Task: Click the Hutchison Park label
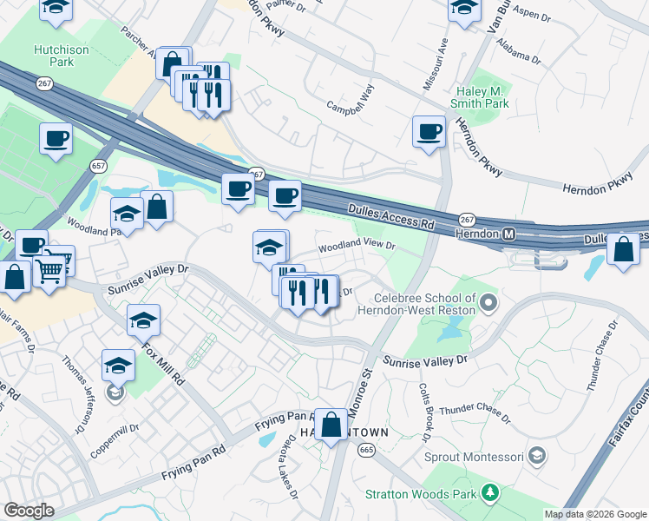pyautogui.click(x=61, y=56)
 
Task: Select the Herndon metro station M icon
pyautogui.click(x=509, y=234)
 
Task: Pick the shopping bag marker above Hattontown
pyautogui.click(x=331, y=426)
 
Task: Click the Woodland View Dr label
pyautogui.click(x=357, y=247)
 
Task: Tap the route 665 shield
pyautogui.click(x=365, y=449)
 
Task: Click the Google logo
pyautogui.click(x=29, y=511)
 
